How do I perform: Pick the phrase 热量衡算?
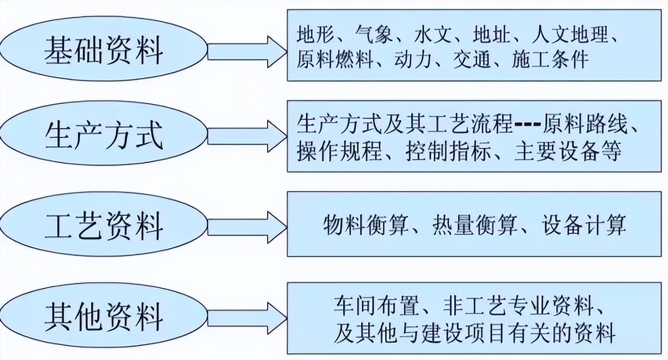click(x=475, y=225)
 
